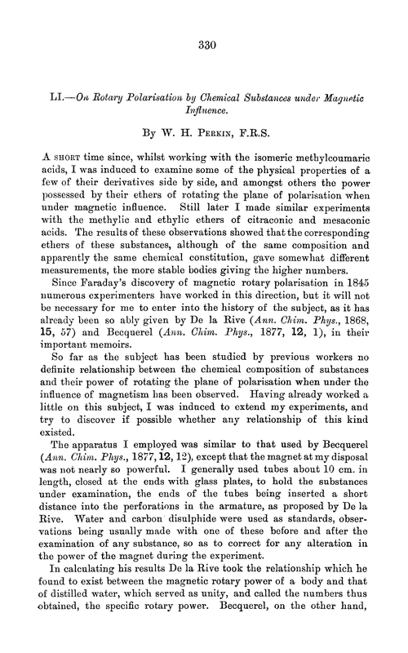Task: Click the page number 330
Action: [205, 48]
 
